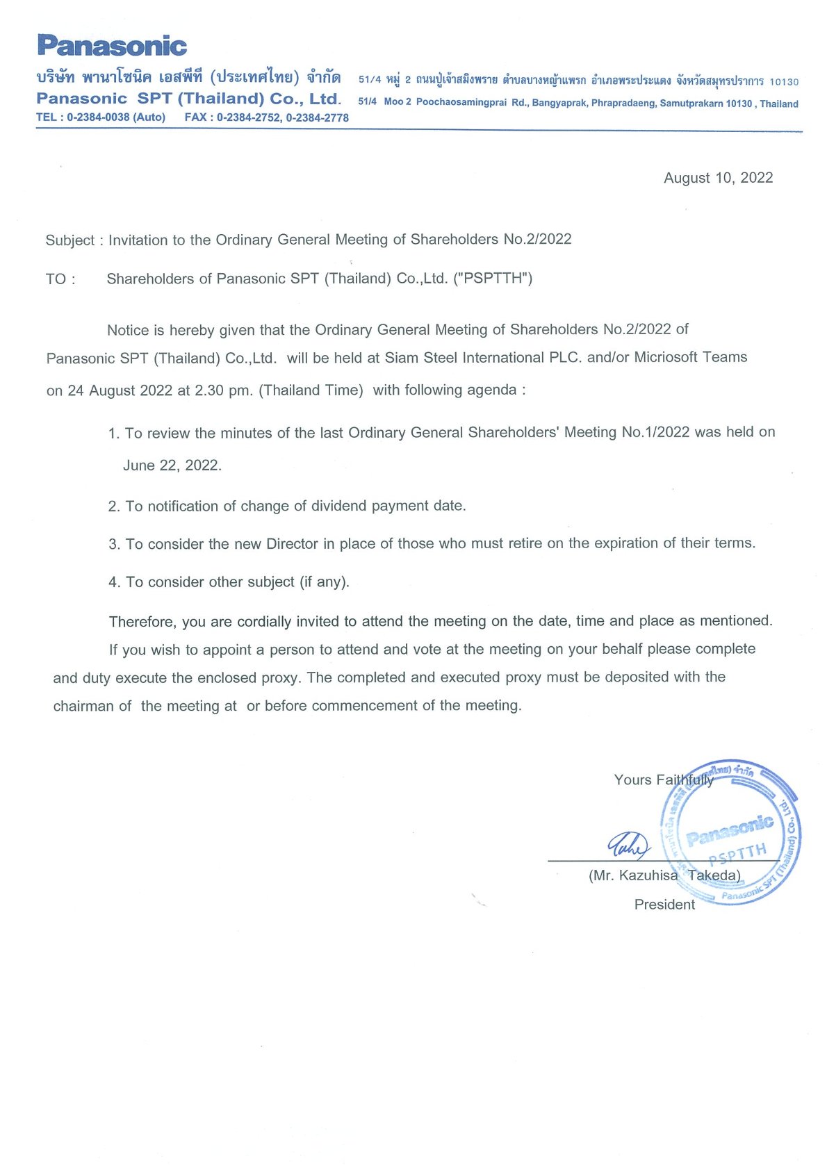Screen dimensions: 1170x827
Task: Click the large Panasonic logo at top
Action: pyautogui.click(x=112, y=46)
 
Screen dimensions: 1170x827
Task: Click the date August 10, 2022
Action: pyautogui.click(x=718, y=178)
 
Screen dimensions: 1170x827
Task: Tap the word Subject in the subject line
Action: pyautogui.click(x=69, y=240)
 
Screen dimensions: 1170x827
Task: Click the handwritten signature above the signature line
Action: pyautogui.click(x=628, y=845)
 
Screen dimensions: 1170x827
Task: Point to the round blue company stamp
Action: pyautogui.click(x=730, y=832)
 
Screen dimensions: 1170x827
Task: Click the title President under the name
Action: pyautogui.click(x=664, y=905)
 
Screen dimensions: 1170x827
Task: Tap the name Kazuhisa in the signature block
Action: pyautogui.click(x=648, y=875)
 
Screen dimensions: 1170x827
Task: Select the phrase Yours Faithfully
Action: pyautogui.click(x=664, y=780)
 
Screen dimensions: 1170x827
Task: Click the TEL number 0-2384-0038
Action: pyautogui.click(x=98, y=117)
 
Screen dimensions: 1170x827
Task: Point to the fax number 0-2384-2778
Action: pyautogui.click(x=318, y=118)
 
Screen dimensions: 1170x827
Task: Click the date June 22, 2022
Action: pyautogui.click(x=172, y=465)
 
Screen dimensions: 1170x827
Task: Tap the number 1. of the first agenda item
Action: pyautogui.click(x=114, y=434)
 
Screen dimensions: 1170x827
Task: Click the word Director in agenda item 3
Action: pyautogui.click(x=292, y=544)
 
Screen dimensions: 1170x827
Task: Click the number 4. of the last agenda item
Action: pyautogui.click(x=114, y=582)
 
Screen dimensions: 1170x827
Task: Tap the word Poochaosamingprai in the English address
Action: pyautogui.click(x=461, y=103)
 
